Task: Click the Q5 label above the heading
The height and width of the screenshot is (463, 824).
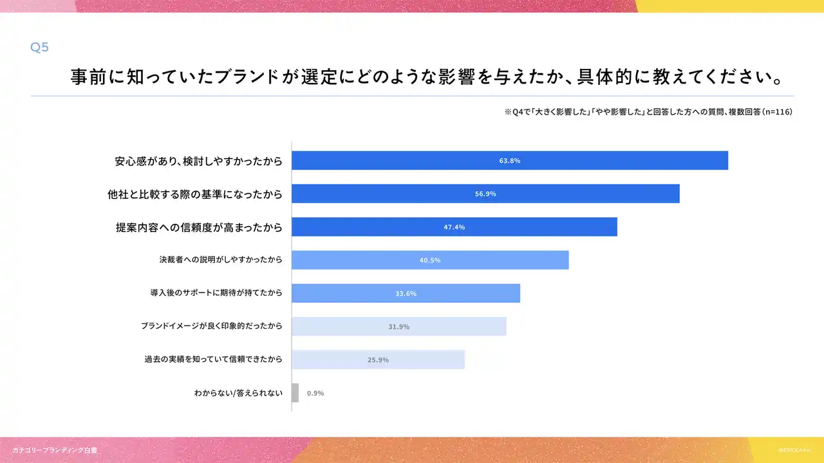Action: [40, 48]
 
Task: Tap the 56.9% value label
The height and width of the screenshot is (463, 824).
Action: [485, 194]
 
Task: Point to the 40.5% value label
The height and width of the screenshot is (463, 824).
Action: [430, 260]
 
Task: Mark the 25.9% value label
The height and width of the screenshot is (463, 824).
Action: [379, 360]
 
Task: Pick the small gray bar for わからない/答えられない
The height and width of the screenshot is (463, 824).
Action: [295, 393]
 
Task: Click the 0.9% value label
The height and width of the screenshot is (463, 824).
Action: [315, 393]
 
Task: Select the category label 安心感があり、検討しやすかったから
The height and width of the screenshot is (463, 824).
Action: [199, 161]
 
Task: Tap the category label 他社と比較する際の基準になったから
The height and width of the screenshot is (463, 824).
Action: [195, 194]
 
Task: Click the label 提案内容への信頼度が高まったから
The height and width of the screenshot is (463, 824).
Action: [199, 227]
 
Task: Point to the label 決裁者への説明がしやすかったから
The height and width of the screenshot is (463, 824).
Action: [221, 260]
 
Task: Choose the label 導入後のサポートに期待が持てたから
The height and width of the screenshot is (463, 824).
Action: [216, 293]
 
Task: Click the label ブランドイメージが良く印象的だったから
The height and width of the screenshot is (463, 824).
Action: [212, 326]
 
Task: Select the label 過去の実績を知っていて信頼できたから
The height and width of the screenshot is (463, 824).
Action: [214, 359]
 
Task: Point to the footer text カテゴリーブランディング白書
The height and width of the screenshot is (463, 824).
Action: [55, 450]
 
